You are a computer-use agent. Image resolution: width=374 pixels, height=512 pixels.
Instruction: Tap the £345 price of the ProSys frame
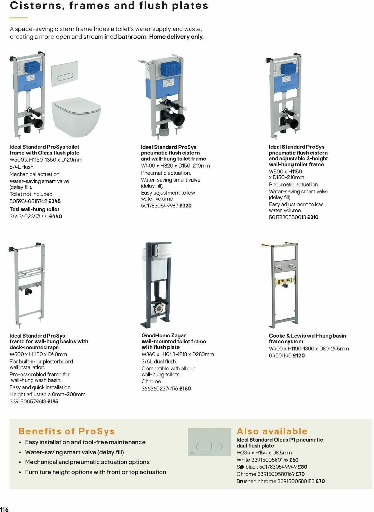pyautogui.click(x=55, y=201)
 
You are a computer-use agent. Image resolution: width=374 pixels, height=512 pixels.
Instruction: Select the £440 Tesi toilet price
pyautogui.click(x=55, y=216)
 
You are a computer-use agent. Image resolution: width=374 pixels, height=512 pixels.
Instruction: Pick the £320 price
pyautogui.click(x=185, y=206)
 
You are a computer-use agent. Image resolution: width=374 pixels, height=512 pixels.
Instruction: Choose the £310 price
pyautogui.click(x=313, y=217)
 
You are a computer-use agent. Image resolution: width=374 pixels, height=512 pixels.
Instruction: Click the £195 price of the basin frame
pyautogui.click(x=53, y=402)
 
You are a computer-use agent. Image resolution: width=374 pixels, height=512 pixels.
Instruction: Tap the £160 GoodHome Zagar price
pyautogui.click(x=185, y=389)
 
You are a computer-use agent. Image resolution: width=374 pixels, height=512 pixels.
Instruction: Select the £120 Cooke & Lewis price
pyautogui.click(x=299, y=356)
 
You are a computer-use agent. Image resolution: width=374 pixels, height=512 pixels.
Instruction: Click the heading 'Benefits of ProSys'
pyautogui.click(x=66, y=431)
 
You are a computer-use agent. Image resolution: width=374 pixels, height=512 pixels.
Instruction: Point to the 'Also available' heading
pyautogui.click(x=272, y=431)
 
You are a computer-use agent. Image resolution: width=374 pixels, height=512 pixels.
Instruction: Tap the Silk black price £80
pyautogui.click(x=302, y=467)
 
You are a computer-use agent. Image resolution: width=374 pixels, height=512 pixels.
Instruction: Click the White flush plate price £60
pyautogui.click(x=294, y=460)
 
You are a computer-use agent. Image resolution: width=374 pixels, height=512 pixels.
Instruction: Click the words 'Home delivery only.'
pyautogui.click(x=176, y=37)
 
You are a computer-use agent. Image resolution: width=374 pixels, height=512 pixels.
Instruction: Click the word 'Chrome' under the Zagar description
pyautogui.click(x=151, y=382)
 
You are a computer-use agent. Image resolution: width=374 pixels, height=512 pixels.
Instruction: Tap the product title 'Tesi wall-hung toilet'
pyautogui.click(x=34, y=210)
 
